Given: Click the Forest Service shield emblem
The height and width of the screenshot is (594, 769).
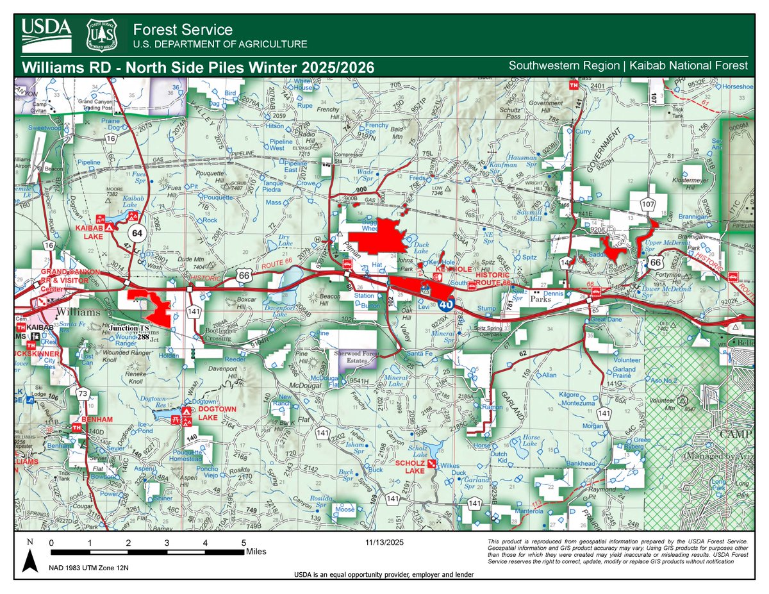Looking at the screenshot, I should tap(101, 35).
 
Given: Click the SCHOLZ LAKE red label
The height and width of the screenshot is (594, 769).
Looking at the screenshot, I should tap(410, 466).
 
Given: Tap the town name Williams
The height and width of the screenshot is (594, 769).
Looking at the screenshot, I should tap(78, 312).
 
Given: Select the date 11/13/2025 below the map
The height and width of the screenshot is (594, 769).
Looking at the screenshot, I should tap(382, 542).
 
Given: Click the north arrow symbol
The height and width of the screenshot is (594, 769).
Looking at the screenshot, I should tap(29, 559).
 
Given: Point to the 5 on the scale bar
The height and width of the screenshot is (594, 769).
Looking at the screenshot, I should tap(244, 542).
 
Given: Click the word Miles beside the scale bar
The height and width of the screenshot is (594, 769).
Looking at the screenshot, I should tap(256, 551).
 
